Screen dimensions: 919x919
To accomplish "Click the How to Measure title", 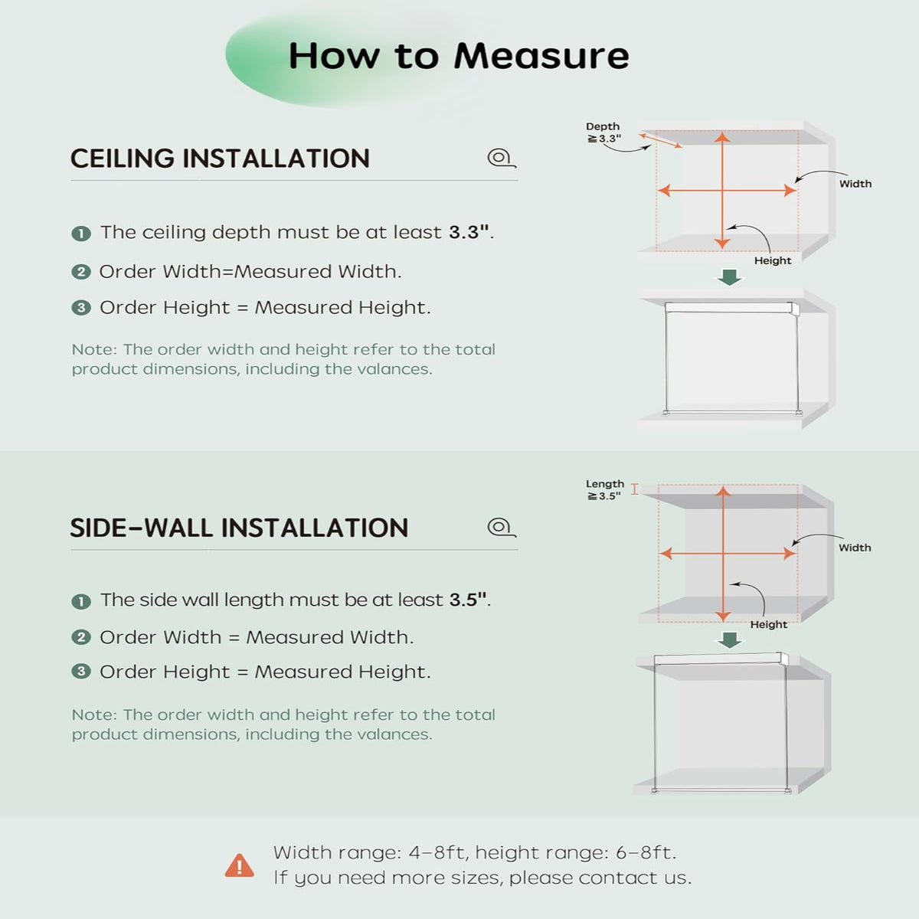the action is (x=459, y=56).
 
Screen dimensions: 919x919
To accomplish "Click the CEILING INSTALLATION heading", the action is (x=220, y=159).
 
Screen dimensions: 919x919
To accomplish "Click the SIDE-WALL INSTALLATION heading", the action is (x=239, y=528).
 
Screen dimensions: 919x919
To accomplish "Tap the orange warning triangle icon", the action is (x=240, y=865).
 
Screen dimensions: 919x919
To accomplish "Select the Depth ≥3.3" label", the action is (x=603, y=132).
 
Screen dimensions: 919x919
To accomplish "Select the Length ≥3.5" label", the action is (x=605, y=490).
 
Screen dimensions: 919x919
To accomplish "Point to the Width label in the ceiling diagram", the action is (x=855, y=184).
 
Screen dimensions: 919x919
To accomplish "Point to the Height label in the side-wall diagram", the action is (x=769, y=624).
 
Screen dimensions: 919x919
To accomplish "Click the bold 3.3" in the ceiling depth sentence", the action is (x=469, y=232).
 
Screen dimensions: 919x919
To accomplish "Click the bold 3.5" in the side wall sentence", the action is (x=469, y=600).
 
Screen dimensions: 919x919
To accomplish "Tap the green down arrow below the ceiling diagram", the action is (x=730, y=277).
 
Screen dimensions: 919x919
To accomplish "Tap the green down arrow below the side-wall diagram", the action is (x=730, y=640).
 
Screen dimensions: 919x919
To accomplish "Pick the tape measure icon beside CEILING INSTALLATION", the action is (x=502, y=158).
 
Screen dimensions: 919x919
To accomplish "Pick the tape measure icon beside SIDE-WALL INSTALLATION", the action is (x=502, y=527).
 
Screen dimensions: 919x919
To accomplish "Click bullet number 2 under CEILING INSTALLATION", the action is (x=81, y=273).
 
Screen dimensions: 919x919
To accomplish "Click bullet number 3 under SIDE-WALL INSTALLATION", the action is (x=81, y=672).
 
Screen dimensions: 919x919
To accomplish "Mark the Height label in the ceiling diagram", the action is (x=773, y=261).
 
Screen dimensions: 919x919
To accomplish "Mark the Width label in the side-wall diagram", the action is (x=855, y=548).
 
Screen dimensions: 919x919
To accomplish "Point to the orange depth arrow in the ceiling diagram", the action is (x=660, y=141).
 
